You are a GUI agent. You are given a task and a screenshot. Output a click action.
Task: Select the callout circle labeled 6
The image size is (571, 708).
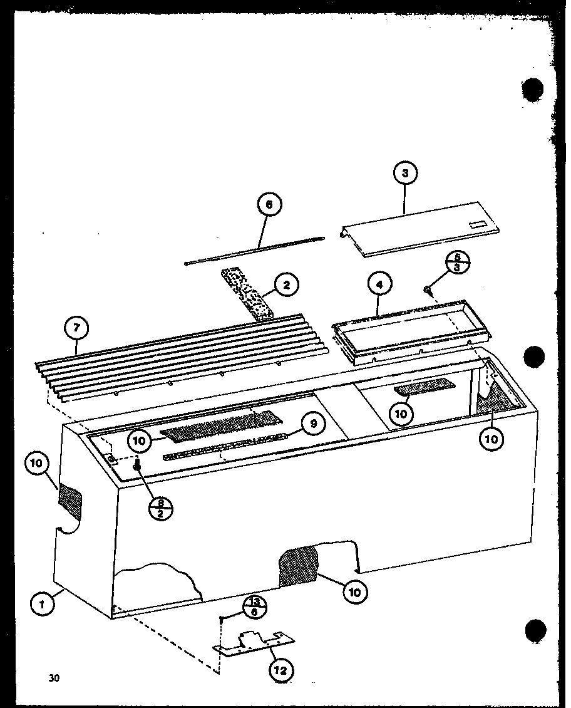[269, 204]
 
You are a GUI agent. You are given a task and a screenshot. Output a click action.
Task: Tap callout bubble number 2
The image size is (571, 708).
[286, 286]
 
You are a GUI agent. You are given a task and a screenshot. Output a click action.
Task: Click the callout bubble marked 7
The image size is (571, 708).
[76, 328]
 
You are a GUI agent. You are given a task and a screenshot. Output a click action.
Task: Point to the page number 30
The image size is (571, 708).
[54, 677]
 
